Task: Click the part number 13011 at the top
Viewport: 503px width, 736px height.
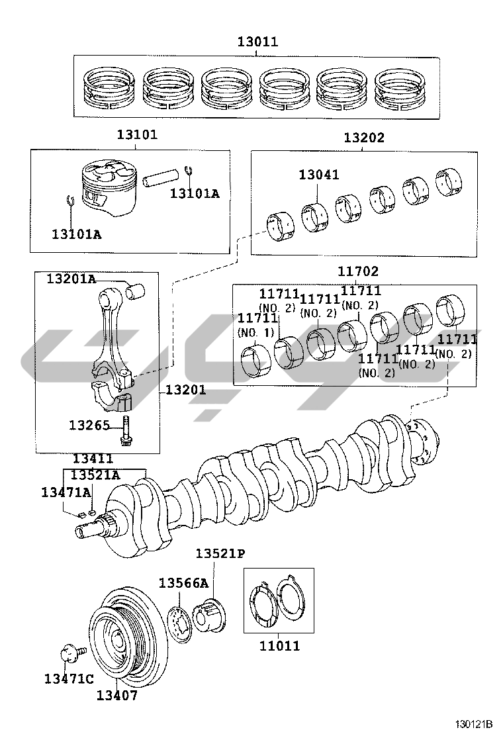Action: click(257, 42)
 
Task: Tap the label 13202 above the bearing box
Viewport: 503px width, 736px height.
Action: click(364, 138)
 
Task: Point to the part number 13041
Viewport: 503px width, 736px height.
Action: click(319, 175)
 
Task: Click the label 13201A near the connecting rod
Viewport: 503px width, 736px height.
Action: click(71, 279)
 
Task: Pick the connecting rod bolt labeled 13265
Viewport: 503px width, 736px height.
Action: click(126, 430)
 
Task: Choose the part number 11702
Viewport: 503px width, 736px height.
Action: click(358, 271)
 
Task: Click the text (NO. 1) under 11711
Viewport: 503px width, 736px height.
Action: click(255, 333)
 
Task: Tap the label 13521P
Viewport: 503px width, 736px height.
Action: click(220, 554)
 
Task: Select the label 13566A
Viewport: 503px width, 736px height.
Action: click(183, 583)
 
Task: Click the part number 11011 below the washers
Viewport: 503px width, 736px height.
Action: click(280, 646)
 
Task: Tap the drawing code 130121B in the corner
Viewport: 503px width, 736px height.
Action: click(473, 723)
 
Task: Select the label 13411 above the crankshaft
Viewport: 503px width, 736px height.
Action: click(93, 459)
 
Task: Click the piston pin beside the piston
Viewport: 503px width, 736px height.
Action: click(161, 177)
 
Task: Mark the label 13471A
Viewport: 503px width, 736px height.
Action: click(66, 492)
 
